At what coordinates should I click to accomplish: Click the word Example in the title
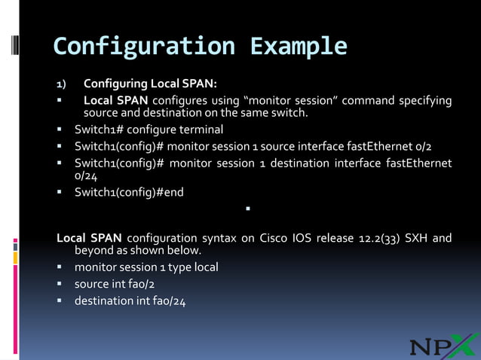pyautogui.click(x=299, y=47)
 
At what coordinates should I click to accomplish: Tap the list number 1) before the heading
pyautogui.click(x=63, y=83)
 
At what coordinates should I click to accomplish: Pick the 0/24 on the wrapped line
pyautogui.click(x=86, y=175)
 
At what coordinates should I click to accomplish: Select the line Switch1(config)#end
pyautogui.click(x=129, y=192)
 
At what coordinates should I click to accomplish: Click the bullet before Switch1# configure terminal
pyautogui.click(x=60, y=130)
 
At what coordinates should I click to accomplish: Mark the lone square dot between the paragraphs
pyautogui.click(x=247, y=208)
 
